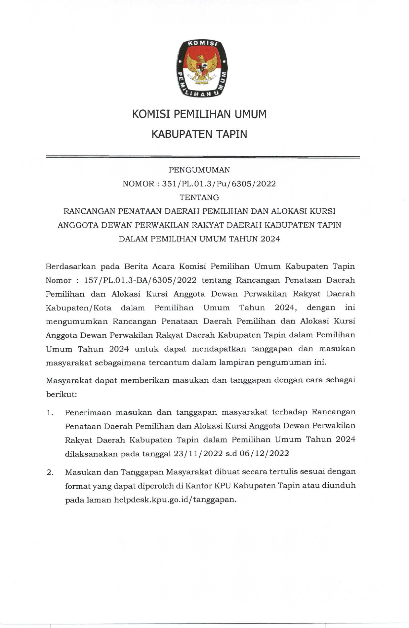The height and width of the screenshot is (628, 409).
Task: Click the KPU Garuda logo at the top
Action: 201,69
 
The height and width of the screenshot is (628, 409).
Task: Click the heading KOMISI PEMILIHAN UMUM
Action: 199,114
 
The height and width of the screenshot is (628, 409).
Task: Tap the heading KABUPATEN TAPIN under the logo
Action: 199,134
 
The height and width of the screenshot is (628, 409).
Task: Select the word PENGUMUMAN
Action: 199,170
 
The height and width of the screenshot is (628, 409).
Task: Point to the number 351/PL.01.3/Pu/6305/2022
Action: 219,184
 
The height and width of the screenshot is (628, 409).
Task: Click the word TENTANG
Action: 199,197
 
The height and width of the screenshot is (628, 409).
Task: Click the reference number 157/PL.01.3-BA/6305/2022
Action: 140,280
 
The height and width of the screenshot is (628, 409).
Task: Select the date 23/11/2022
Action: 198,453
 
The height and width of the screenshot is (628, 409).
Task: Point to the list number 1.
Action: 50,413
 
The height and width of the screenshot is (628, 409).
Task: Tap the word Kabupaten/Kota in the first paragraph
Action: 78,308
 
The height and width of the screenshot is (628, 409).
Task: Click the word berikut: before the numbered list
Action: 61,395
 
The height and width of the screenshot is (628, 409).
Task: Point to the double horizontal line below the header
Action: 203,157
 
